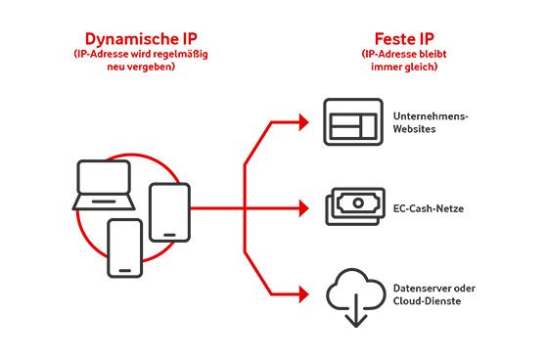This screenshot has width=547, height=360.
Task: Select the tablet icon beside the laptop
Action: [168, 212]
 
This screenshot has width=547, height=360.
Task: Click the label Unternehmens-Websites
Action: [431, 123]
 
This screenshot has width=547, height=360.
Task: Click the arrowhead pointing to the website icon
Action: [305, 123]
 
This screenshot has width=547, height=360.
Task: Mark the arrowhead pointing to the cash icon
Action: [305, 207]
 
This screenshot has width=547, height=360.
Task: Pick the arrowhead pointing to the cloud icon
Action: [305, 291]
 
